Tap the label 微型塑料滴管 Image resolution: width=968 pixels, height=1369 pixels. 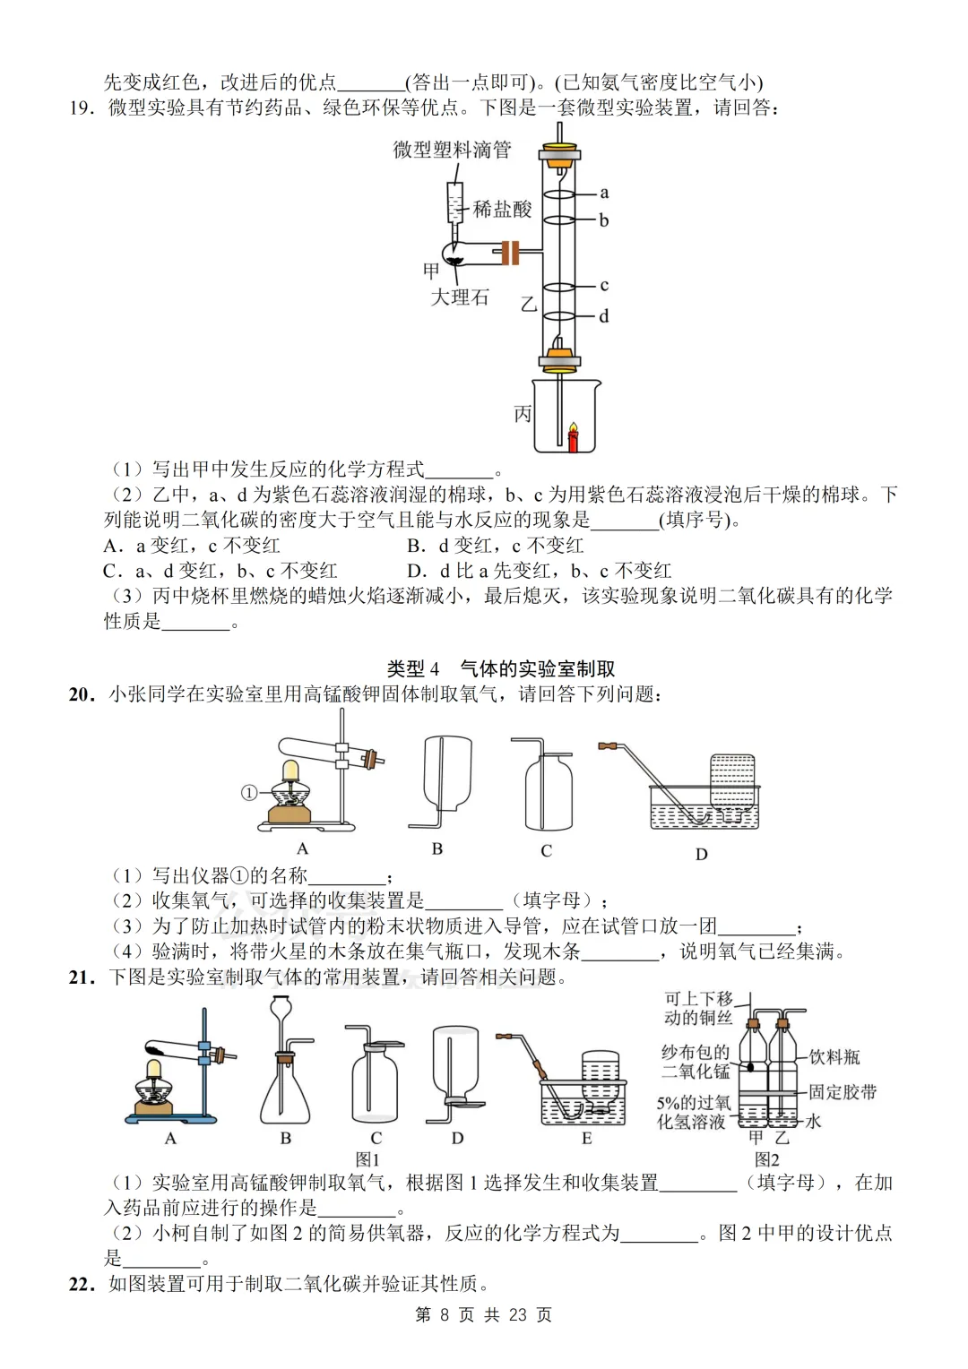click(452, 150)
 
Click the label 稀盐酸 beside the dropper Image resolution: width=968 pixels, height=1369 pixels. click(502, 210)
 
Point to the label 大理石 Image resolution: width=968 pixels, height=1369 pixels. click(460, 297)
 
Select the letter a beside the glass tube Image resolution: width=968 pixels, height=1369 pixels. click(604, 193)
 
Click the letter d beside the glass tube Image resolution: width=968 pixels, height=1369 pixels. click(604, 316)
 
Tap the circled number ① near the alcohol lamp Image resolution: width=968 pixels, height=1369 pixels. click(249, 792)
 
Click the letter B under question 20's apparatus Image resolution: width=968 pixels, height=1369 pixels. click(437, 848)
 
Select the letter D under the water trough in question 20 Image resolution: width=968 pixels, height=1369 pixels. click(701, 854)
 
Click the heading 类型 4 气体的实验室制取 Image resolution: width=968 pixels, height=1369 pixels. click(500, 668)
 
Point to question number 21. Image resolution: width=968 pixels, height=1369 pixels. click(82, 977)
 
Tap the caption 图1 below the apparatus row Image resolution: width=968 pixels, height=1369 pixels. click(368, 1159)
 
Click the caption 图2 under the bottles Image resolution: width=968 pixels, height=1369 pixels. click(766, 1159)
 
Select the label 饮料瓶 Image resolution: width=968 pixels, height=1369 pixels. click(834, 1057)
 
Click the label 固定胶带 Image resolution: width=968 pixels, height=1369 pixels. click(843, 1092)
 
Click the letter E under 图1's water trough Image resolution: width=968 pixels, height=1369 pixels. click(586, 1139)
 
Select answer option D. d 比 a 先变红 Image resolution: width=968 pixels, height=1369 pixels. click(538, 571)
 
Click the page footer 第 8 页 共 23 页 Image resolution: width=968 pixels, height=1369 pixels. click(484, 1314)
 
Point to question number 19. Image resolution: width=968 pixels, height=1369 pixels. click(82, 108)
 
